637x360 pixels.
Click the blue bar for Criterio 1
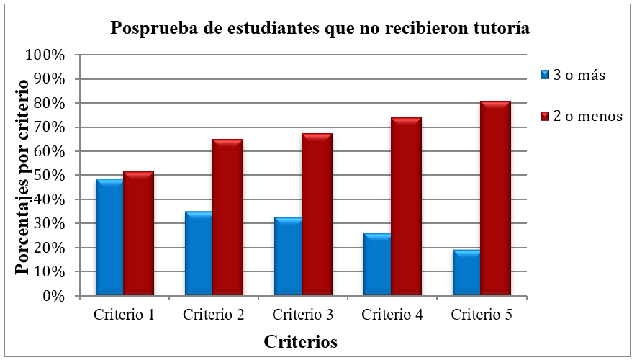coord(109,237)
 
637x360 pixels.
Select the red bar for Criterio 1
coord(138,233)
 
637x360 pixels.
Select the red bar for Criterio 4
coord(406,206)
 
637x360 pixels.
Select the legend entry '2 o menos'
coord(581,116)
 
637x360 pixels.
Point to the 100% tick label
coord(45,55)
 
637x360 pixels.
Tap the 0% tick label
coord(52,296)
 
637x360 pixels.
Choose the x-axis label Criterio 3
coord(303,315)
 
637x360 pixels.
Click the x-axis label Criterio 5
coord(482,315)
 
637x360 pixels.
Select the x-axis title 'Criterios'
coord(300,341)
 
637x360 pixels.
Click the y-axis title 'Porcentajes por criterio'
coord(22,176)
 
